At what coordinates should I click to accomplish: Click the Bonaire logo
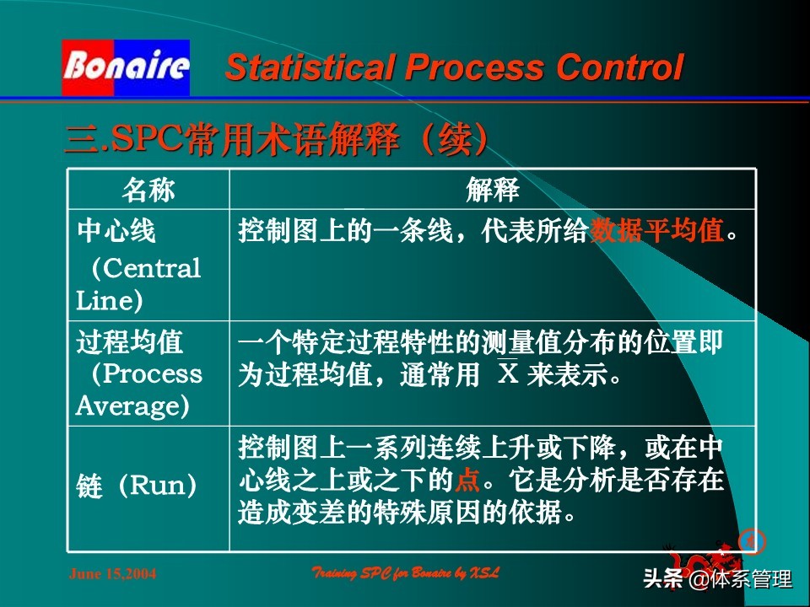coord(126,67)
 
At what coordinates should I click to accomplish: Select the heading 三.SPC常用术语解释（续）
coord(277,140)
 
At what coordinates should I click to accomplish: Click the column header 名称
coord(148,191)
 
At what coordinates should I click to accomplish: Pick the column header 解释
coord(492,191)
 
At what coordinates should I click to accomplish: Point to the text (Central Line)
coord(138,285)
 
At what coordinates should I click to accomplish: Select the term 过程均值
coord(129,342)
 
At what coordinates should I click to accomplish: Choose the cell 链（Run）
coord(137,486)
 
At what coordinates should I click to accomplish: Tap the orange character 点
coord(467,481)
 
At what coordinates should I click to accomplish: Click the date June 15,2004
coord(112,574)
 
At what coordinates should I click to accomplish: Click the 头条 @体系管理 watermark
coord(717,580)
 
